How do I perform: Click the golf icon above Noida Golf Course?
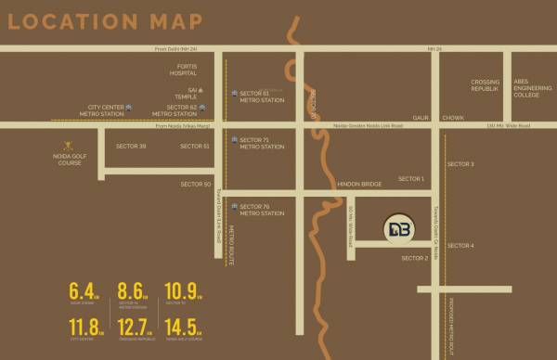pos(67,145)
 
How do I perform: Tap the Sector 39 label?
pos(131,146)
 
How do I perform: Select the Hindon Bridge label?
pos(359,185)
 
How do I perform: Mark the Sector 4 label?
pos(460,245)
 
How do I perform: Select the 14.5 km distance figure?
pos(182,328)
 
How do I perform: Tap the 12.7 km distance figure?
pos(134,328)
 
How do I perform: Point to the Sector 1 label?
pos(411,178)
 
